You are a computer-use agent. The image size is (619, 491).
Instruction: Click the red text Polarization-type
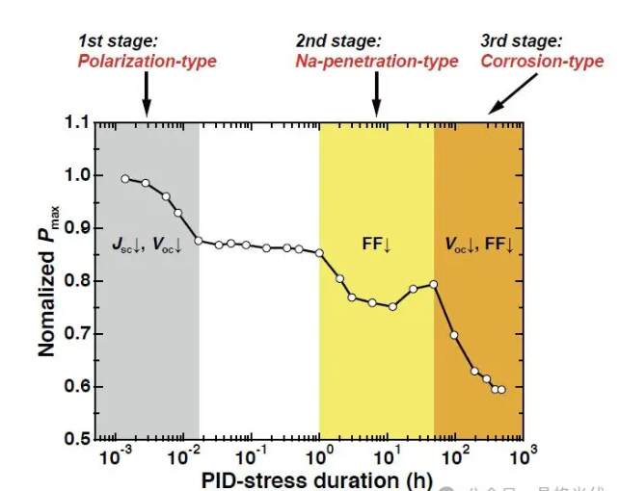pyautogui.click(x=148, y=62)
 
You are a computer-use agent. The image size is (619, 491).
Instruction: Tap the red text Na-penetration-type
pyautogui.click(x=377, y=62)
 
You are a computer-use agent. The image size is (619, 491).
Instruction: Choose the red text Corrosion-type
pyautogui.click(x=542, y=62)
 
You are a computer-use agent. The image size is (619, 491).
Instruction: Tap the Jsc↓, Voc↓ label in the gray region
pyautogui.click(x=147, y=245)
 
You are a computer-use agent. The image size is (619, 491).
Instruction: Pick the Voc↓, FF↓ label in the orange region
pyautogui.click(x=478, y=245)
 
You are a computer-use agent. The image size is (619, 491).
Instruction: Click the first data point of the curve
pyautogui.click(x=125, y=179)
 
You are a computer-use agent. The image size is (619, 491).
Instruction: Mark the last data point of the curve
pyautogui.click(x=501, y=389)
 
